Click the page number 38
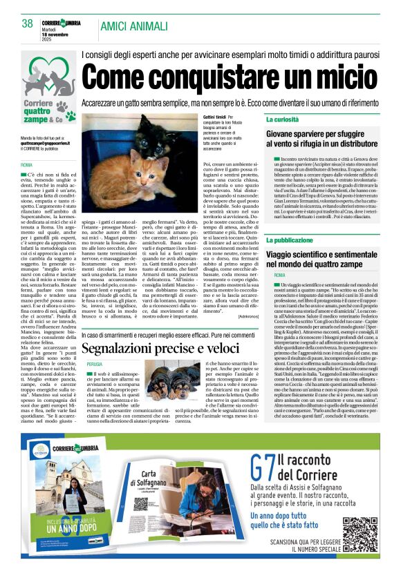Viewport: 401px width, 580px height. (x=28, y=23)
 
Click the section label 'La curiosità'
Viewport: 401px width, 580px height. (x=283, y=119)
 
